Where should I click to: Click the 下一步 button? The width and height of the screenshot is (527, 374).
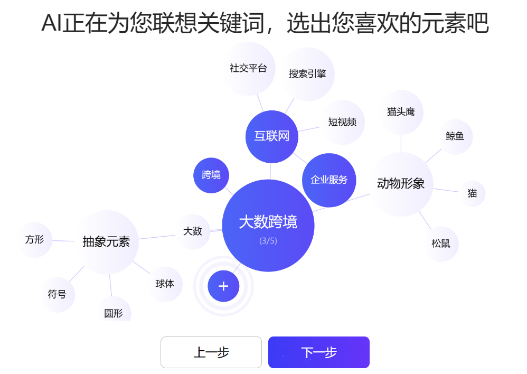coord(318,352)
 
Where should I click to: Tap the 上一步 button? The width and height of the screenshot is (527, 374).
coord(211,352)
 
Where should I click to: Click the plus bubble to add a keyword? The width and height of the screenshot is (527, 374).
coord(223,286)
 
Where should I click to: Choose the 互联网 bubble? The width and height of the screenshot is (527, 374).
coord(272,136)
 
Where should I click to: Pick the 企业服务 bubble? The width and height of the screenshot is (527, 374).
coord(329,180)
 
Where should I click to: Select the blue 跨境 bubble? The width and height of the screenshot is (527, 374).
coord(211,175)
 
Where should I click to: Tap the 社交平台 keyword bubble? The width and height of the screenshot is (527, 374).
coord(248,69)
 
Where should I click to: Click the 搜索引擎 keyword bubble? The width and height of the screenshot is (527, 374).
coord(307,74)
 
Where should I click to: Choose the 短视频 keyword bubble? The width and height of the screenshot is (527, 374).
coord(342,122)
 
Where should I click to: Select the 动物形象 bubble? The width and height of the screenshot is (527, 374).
coord(401,184)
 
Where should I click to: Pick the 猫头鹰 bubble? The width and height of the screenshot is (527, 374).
coord(401,112)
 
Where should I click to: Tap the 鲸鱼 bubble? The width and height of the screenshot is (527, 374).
coord(455,136)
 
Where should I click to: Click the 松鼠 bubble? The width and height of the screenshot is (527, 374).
coord(440,244)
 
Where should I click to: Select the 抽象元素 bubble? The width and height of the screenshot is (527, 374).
coord(106,242)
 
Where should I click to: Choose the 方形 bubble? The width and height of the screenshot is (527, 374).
coord(34,239)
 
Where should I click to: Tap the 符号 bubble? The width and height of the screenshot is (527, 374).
coord(57,294)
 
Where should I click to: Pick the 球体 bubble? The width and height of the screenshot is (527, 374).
coord(165,284)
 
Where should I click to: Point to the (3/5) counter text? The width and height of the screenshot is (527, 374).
coord(268,241)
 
